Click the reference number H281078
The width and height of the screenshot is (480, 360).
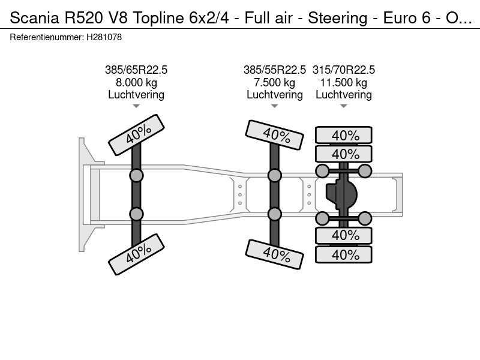click(x=104, y=37)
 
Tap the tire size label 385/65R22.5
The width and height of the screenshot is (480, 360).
click(x=136, y=70)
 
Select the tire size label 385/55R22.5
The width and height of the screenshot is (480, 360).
click(x=275, y=70)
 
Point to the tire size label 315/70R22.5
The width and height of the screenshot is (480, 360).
click(x=343, y=70)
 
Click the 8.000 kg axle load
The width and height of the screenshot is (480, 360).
click(x=136, y=83)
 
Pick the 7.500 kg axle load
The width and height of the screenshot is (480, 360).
click(x=275, y=83)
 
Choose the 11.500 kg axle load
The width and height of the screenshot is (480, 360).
click(x=343, y=83)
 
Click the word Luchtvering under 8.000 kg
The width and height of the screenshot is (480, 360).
click(x=136, y=95)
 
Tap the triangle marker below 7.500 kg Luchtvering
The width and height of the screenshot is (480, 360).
click(x=275, y=106)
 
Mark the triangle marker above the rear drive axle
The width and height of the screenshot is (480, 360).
click(x=343, y=106)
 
